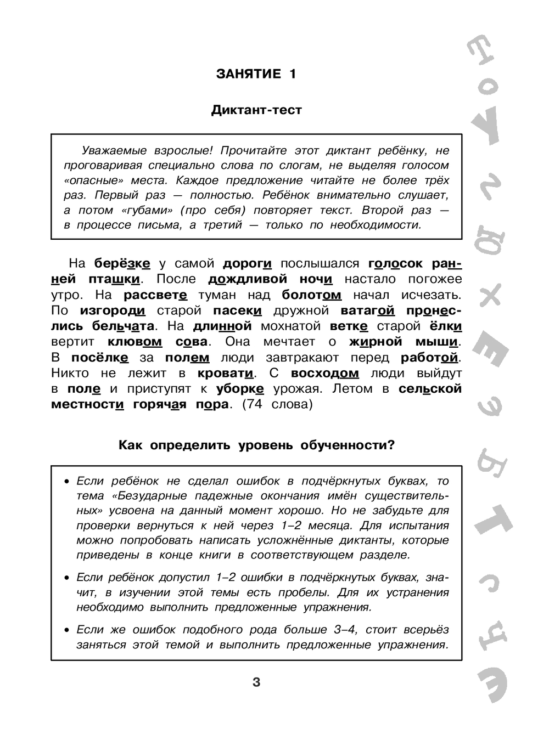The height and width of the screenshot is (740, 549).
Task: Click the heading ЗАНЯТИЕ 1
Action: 256,74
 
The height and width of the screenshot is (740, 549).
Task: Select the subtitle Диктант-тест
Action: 256,110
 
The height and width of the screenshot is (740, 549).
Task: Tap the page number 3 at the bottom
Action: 256,682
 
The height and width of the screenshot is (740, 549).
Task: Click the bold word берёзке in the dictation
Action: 122,264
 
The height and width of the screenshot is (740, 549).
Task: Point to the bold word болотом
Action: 311,295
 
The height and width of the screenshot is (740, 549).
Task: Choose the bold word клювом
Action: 135,342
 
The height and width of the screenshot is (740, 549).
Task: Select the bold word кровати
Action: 225,373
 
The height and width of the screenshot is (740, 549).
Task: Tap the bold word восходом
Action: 324,373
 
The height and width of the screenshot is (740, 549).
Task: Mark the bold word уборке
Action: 240,389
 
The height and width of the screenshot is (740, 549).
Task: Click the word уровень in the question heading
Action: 268,445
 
